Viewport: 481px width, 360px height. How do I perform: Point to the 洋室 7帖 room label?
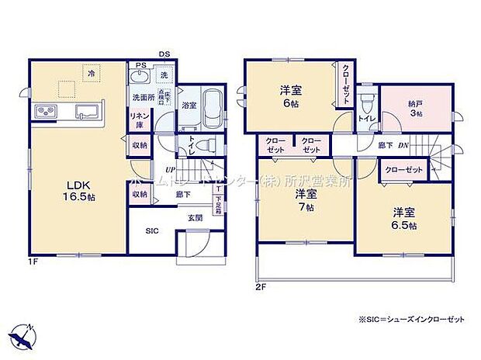pyautogui.click(x=306, y=200)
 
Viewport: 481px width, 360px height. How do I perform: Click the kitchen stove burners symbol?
pyautogui.click(x=44, y=112)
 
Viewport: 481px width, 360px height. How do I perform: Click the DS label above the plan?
pyautogui.click(x=164, y=54)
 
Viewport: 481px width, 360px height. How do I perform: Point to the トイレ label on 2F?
pyautogui.click(x=365, y=118)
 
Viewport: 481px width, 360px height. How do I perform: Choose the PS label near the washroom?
pyautogui.click(x=140, y=65)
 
